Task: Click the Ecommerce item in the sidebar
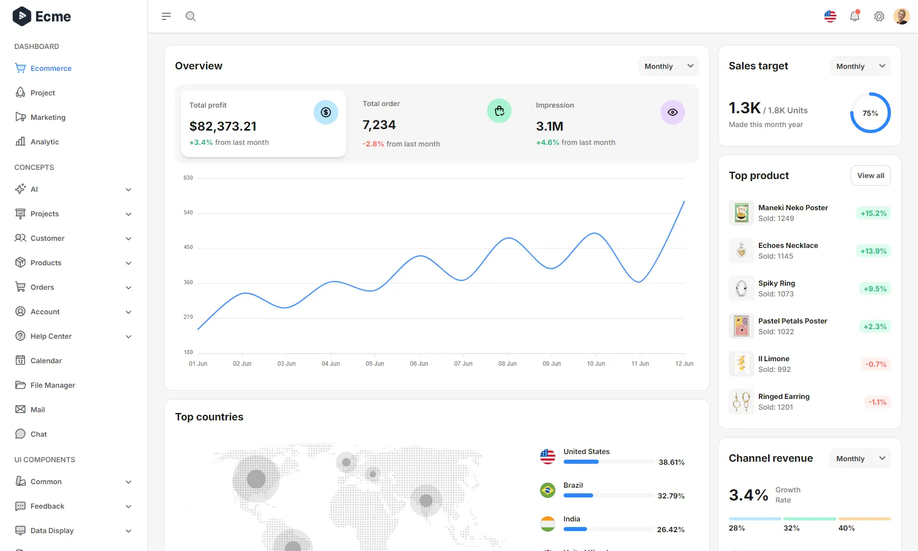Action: coord(50,68)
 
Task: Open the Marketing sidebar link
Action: coord(47,117)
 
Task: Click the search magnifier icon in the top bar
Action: coord(191,16)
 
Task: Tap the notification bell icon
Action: coord(855,16)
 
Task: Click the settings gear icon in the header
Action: coord(879,16)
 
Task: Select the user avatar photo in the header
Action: coord(901,16)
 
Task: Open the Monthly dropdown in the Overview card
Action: coord(668,66)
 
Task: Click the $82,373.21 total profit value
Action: coord(223,126)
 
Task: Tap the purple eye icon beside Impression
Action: coord(672,112)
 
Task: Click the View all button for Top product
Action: coord(871,176)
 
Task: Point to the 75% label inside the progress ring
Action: coord(870,113)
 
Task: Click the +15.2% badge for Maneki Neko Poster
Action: coord(873,213)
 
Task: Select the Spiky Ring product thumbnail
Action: coord(742,288)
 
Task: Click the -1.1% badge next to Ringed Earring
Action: coord(877,402)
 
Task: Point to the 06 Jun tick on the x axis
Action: coord(419,363)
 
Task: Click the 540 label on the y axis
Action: coord(188,212)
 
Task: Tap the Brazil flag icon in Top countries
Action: coord(548,490)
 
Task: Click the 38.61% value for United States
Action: coord(671,462)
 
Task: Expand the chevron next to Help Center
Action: coord(129,337)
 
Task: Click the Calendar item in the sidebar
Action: coord(46,361)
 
